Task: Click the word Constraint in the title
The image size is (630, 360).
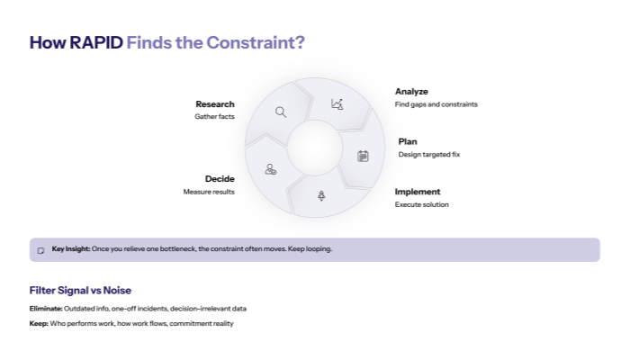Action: coord(253,42)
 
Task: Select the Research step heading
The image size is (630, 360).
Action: coord(215,103)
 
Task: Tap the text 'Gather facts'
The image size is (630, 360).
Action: coord(214,117)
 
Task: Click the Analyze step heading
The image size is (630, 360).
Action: coord(411,91)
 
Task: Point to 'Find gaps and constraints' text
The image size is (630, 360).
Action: coord(436,104)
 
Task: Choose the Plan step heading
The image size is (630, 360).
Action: coord(407,141)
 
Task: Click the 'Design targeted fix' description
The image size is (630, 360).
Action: coord(429,155)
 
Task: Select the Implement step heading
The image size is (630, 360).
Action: coord(418,192)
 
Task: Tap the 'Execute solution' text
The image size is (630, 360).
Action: coord(421,205)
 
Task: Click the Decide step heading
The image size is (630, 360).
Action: coord(220,179)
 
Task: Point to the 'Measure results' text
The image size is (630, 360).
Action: coord(209,192)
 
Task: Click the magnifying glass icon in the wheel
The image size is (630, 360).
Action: coord(281,112)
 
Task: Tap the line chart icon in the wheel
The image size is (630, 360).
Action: coord(337,104)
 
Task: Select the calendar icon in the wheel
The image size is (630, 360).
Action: coord(363,156)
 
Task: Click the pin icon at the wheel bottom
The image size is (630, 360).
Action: coord(321,195)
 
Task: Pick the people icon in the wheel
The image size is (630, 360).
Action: coord(270,169)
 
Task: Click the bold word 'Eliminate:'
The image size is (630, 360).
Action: coord(46,309)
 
